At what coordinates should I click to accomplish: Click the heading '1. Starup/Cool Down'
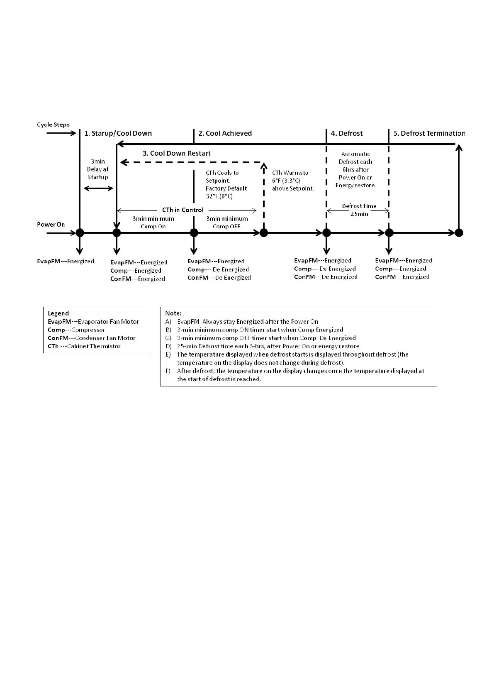(118, 134)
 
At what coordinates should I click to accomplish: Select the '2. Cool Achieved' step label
(225, 134)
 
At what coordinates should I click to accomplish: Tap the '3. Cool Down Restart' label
(177, 154)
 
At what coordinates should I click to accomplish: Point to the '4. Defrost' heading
(347, 134)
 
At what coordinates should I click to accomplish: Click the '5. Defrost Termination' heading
(429, 134)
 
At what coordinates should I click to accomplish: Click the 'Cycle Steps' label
(53, 125)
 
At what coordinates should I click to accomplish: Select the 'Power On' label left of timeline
(51, 225)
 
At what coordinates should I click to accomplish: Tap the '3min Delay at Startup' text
(98, 169)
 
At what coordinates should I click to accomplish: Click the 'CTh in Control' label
(183, 210)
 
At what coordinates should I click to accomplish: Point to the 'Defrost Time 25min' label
(359, 210)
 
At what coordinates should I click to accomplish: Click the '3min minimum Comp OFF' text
(227, 222)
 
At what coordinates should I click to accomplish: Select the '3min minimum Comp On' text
(153, 222)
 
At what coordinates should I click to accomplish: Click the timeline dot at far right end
(459, 232)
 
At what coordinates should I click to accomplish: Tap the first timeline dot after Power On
(80, 232)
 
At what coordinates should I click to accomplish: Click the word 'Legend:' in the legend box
(59, 313)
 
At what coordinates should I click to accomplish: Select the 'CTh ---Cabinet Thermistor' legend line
(84, 346)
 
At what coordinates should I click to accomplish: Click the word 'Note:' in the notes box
(173, 313)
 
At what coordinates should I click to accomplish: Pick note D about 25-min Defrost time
(268, 346)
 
